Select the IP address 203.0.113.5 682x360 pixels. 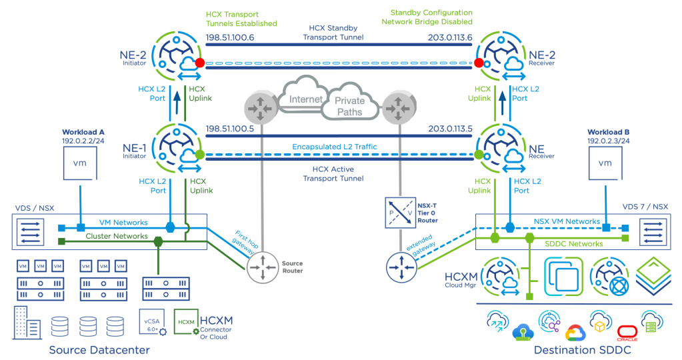(450, 129)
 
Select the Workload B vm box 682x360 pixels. (605, 163)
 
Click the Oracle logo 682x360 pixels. (627, 332)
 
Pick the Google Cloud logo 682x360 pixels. (574, 333)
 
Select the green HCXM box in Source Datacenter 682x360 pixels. (185, 322)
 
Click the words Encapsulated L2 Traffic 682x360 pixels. (335, 146)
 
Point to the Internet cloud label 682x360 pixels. (305, 100)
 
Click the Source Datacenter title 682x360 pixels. (99, 350)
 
